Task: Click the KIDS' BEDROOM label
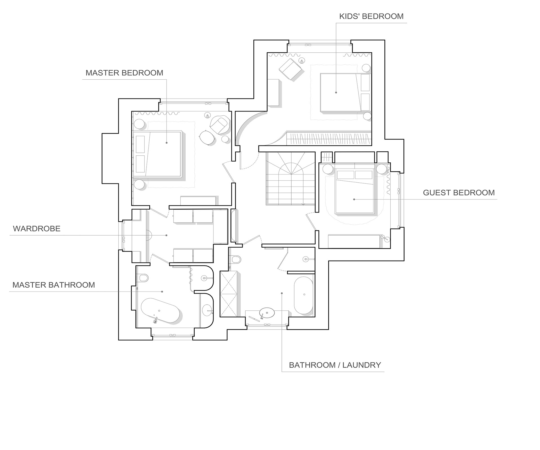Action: pos(371,16)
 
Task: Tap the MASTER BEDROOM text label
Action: pos(124,73)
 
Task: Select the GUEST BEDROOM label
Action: pos(459,193)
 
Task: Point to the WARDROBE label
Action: pos(37,229)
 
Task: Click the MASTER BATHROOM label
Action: pos(54,285)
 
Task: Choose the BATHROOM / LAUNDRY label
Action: pos(335,365)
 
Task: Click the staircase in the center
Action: pos(291,178)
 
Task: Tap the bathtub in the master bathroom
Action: pos(160,310)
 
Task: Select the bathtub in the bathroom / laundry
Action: pos(303,295)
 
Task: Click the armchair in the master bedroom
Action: pos(220,125)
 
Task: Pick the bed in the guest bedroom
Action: pos(355,191)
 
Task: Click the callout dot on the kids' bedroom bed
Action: pos(336,92)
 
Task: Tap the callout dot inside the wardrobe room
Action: pos(166,235)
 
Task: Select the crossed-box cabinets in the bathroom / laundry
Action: pos(229,294)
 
